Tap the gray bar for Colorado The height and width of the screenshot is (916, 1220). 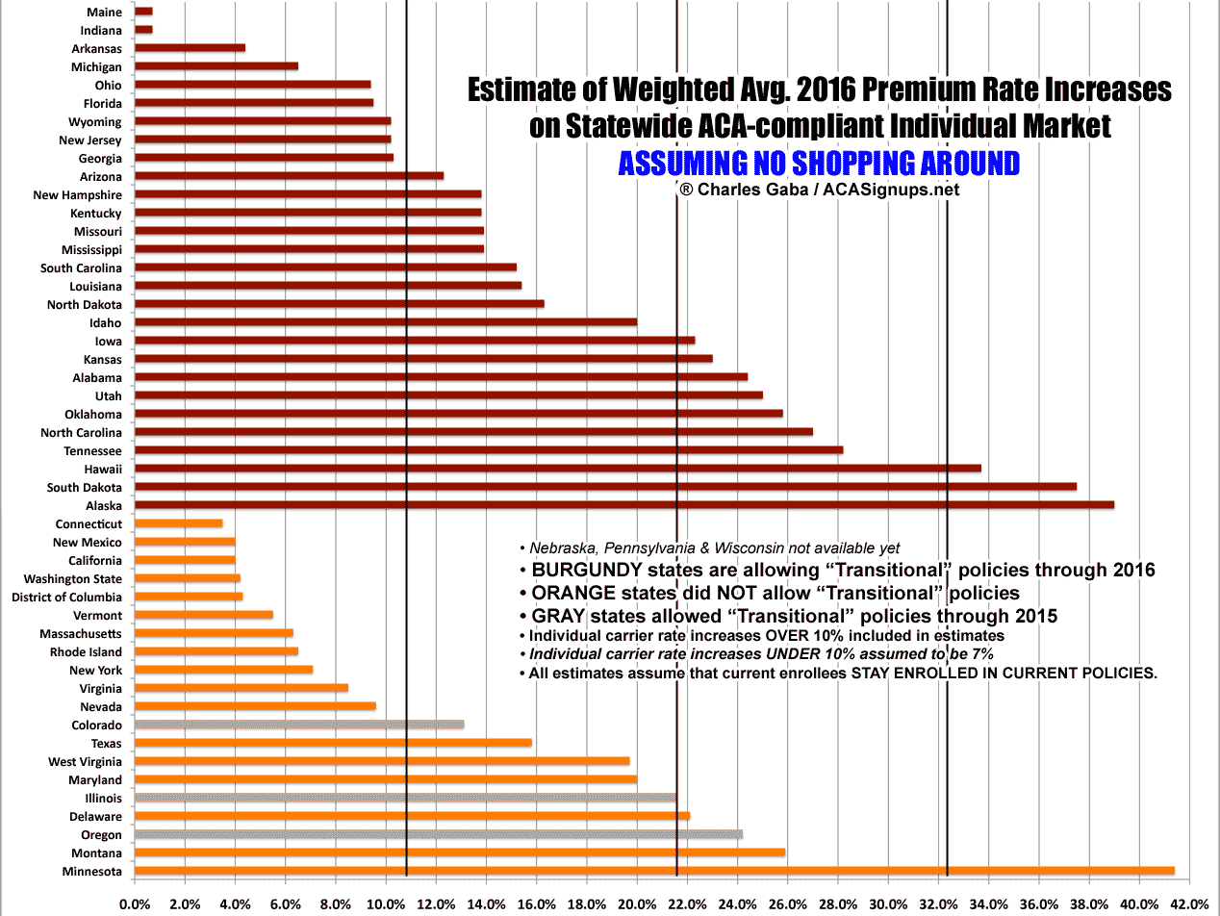(298, 725)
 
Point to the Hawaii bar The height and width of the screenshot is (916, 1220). (557, 469)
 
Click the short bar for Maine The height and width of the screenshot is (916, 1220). (143, 12)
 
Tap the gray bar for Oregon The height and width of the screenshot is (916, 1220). (438, 834)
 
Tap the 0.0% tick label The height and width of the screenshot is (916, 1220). (135, 903)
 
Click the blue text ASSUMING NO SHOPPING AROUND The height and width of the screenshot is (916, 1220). (818, 164)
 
